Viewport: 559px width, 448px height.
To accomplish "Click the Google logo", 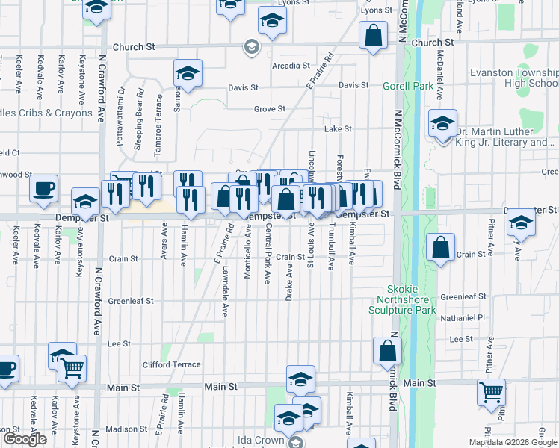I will [25, 439].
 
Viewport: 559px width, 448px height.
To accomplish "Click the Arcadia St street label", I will [291, 66].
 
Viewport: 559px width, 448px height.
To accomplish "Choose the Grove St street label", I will [270, 109].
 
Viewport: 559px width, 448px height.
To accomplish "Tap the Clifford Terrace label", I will [171, 364].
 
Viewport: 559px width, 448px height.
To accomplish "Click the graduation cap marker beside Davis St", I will [187, 73].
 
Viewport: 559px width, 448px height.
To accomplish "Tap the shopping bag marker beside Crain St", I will [441, 248].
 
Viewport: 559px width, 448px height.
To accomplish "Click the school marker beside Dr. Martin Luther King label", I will [442, 123].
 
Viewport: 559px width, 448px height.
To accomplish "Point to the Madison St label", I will [126, 429].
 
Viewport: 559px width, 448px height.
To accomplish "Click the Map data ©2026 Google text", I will [513, 441].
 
